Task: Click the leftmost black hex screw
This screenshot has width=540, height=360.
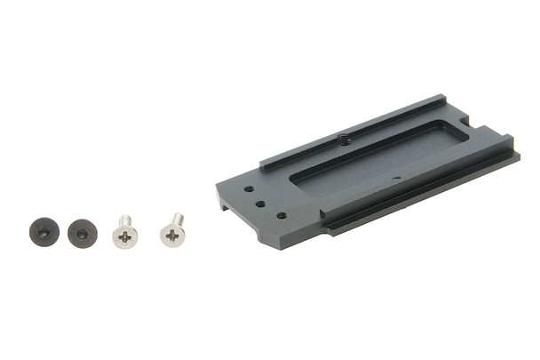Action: coord(44,232)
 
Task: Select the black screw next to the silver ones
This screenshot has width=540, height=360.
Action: coord(82,233)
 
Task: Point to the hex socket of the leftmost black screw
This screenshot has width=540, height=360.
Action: coord(44,232)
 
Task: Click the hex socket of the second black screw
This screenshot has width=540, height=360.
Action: coord(82,234)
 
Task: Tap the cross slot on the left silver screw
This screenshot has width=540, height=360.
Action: coord(125,237)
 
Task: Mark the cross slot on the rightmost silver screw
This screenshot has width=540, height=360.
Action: coord(172,236)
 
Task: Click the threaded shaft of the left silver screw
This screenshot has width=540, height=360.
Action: coord(124,220)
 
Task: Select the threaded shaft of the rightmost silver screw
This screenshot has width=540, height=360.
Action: coord(178,219)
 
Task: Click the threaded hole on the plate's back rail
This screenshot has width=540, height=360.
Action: coord(343,139)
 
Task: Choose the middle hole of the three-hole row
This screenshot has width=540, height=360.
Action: coord(261,203)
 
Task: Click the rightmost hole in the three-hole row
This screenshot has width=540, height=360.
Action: coord(281,214)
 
